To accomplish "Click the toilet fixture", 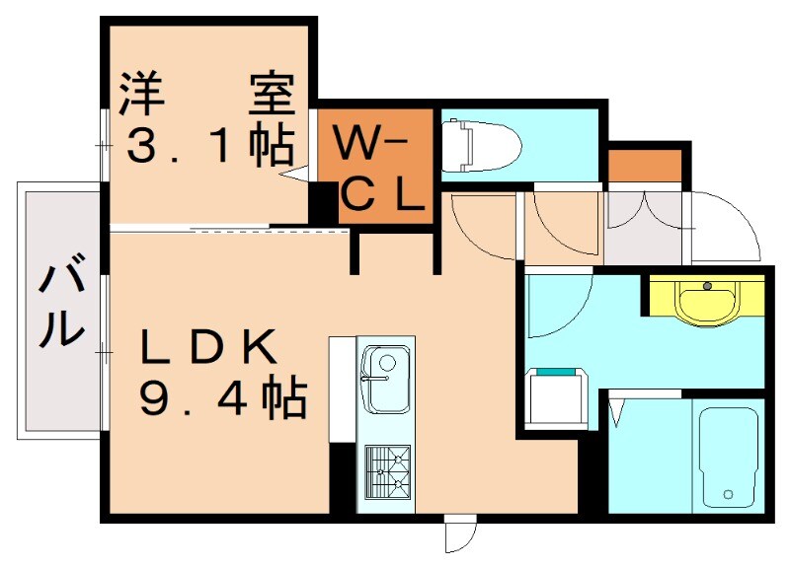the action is [481, 145].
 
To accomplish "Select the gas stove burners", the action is [387, 472].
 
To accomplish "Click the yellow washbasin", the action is [707, 301].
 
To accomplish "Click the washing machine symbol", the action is [557, 398].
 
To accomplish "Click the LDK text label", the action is [208, 346].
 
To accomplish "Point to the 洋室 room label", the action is [206, 94].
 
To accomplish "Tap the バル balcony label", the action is [60, 301].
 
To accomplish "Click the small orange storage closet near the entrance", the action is [645, 166].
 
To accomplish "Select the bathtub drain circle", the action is [727, 495].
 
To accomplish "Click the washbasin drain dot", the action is [707, 286].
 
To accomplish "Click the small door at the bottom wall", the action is [460, 533].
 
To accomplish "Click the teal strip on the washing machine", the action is [556, 372].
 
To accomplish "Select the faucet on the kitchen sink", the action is [375, 379].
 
